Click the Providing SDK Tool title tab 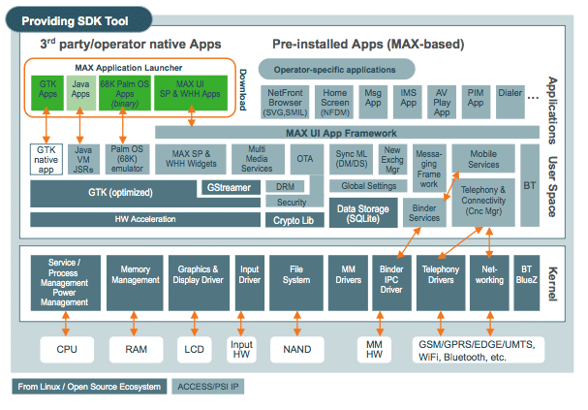pyautogui.click(x=77, y=17)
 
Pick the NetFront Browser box pyautogui.click(x=285, y=102)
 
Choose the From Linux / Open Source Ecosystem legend pyautogui.click(x=88, y=387)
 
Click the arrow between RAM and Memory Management pyautogui.click(x=135, y=323)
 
